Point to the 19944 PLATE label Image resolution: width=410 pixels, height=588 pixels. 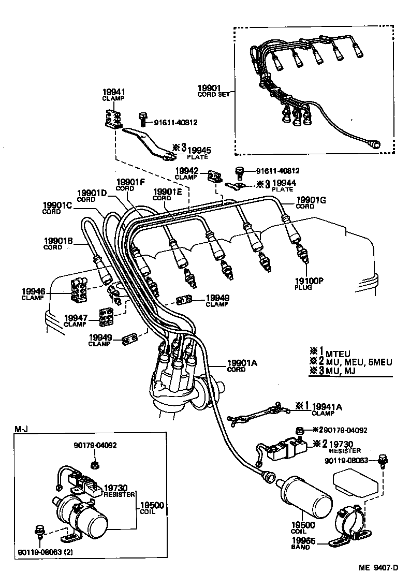(283, 186)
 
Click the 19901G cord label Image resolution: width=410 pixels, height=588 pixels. (309, 202)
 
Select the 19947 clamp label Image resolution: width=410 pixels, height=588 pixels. (76, 320)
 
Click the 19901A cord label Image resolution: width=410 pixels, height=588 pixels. (242, 365)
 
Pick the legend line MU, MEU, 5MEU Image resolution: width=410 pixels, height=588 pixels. (350, 361)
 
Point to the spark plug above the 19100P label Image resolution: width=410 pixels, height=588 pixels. (303, 254)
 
